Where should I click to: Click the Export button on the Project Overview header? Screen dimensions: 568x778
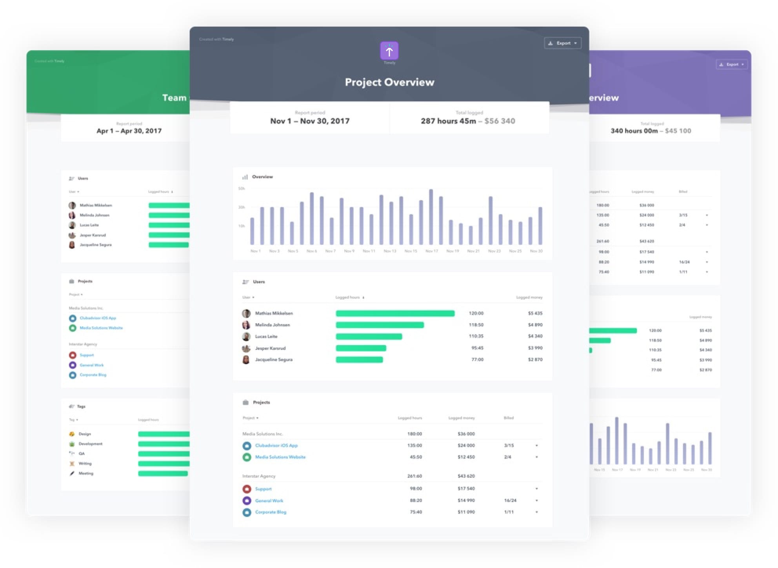[x=562, y=43]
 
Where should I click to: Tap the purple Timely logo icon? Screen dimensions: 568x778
[x=389, y=51]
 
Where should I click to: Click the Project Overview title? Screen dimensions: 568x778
[x=389, y=82]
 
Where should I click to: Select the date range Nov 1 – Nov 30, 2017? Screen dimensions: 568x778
[x=310, y=121]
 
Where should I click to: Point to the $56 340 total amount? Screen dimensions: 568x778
[x=500, y=121]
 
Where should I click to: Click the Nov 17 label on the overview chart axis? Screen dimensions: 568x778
[x=431, y=251]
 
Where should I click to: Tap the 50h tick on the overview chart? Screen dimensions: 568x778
[x=242, y=189]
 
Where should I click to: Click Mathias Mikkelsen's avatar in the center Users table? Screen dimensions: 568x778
[x=246, y=313]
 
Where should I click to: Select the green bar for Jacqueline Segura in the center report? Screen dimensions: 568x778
[x=359, y=360]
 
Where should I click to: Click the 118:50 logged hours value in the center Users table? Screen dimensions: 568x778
[x=476, y=325]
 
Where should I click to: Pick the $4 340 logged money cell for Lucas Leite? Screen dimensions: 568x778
[x=535, y=336]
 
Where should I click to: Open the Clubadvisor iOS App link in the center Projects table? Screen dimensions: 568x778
[x=276, y=446]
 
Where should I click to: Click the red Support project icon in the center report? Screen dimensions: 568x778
[x=247, y=489]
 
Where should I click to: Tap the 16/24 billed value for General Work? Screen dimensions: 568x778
[x=510, y=501]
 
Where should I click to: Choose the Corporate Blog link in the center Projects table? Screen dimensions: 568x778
[x=271, y=512]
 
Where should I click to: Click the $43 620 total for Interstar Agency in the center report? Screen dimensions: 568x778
[x=466, y=476]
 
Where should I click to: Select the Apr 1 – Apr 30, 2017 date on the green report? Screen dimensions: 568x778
[x=129, y=131]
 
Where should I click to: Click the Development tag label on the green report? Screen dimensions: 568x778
[x=91, y=444]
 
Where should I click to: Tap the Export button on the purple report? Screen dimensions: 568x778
[x=732, y=65]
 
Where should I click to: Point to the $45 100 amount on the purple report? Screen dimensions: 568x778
[x=678, y=131]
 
